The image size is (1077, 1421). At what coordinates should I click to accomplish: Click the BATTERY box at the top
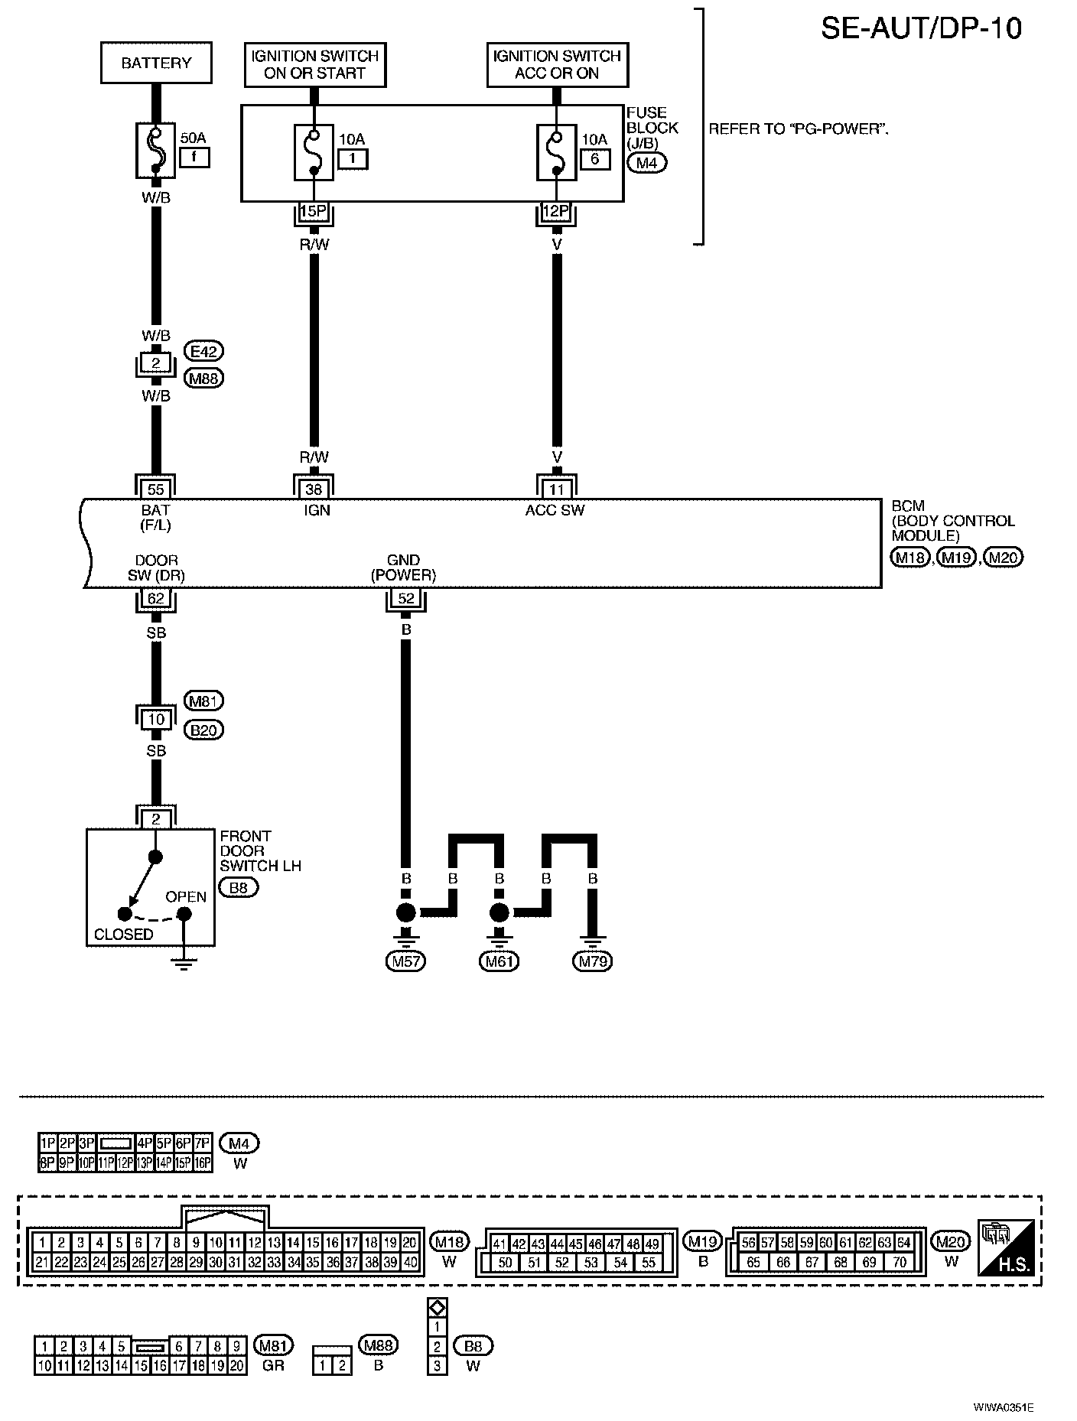(156, 63)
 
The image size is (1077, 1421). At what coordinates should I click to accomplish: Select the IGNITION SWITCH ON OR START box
(314, 65)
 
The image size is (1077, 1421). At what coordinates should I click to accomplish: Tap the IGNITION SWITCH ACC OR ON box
(557, 65)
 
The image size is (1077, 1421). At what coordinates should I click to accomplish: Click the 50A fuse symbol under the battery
(156, 151)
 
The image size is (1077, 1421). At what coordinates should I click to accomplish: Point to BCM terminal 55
(156, 489)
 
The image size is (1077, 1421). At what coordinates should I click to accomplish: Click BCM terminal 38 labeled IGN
(314, 489)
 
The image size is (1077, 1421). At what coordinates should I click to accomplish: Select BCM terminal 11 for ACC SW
(556, 489)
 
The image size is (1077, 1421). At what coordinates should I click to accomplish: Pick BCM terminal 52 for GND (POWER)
(406, 599)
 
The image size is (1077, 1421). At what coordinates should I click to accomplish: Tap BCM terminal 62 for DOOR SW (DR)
(156, 599)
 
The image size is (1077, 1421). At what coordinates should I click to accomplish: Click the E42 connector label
(204, 352)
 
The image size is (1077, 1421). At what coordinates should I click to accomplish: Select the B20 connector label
(204, 730)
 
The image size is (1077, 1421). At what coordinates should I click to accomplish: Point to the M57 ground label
(405, 961)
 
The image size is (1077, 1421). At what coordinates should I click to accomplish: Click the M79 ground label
(593, 961)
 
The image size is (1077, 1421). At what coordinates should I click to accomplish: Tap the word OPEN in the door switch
(186, 896)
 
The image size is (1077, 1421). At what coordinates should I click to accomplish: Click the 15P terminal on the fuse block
(314, 210)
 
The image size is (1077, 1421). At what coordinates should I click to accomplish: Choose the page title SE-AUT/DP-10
(921, 28)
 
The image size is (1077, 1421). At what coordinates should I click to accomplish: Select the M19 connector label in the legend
(703, 1241)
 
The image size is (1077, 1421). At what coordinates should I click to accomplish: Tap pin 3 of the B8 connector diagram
(437, 1366)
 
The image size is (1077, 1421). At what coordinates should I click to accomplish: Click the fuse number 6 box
(595, 159)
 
